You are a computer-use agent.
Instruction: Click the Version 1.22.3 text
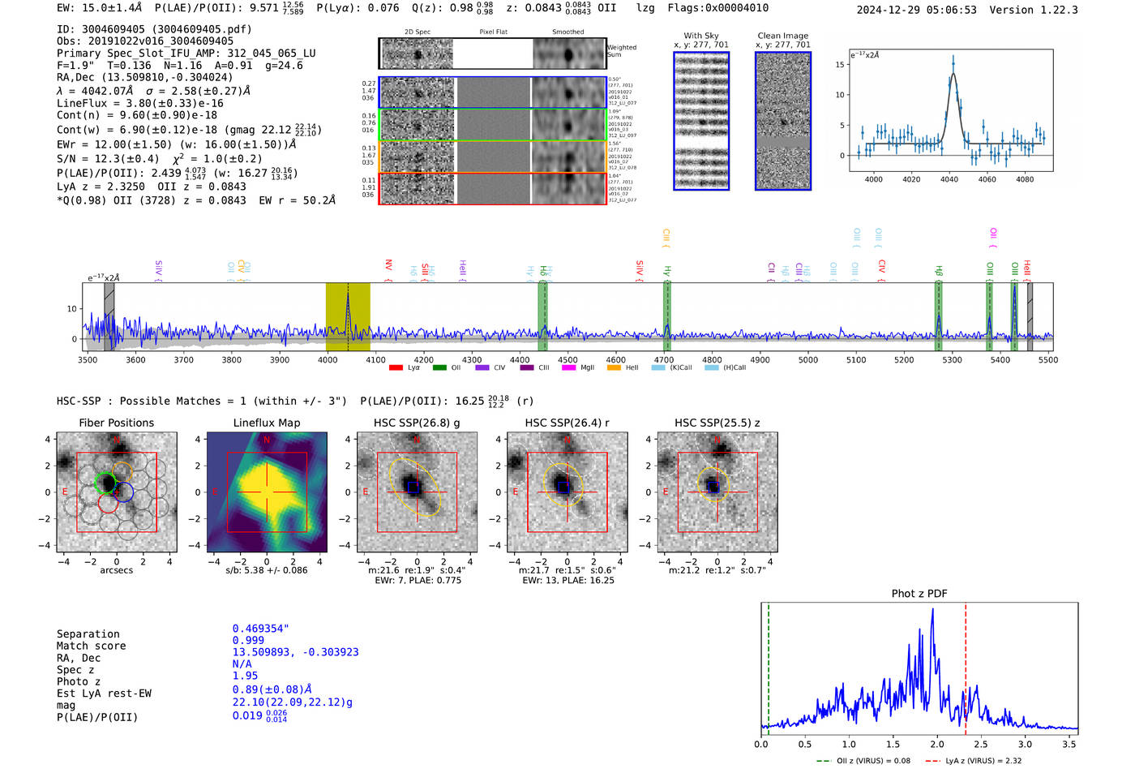[x=1045, y=10]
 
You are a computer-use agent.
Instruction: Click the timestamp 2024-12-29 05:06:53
[x=916, y=10]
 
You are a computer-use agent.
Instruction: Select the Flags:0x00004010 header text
[x=718, y=7]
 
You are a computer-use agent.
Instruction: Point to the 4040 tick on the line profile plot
[x=949, y=179]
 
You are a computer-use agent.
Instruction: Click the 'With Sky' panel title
[x=701, y=36]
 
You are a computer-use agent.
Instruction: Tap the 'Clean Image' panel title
[x=782, y=36]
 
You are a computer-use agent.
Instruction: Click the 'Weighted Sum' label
[x=622, y=51]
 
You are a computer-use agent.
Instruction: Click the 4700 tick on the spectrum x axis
[x=664, y=359]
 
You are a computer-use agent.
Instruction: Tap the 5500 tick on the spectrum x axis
[x=1047, y=359]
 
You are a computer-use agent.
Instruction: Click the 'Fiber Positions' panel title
[x=116, y=423]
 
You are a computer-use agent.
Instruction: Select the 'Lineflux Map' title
[x=267, y=423]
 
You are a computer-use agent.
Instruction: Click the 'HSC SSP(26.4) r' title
[x=567, y=423]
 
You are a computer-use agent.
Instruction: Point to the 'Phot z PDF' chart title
[x=919, y=594]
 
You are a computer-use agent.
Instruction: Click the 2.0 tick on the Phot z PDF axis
[x=937, y=744]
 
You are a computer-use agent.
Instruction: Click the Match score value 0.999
[x=248, y=641]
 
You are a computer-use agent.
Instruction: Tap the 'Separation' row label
[x=88, y=634]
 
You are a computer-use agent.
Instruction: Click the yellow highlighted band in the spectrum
[x=348, y=316]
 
